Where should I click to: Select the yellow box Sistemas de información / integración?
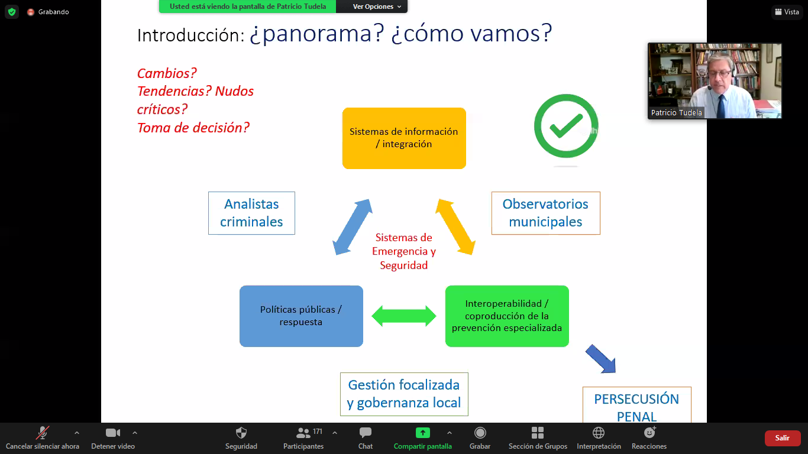click(x=404, y=138)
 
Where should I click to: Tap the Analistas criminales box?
click(x=251, y=213)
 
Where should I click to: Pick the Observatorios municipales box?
click(x=546, y=213)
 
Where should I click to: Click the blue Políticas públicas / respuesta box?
click(x=301, y=316)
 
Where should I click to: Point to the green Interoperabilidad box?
click(x=507, y=316)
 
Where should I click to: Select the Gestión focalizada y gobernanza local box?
click(x=404, y=394)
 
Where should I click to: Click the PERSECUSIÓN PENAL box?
click(x=636, y=405)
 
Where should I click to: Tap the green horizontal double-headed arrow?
click(x=404, y=316)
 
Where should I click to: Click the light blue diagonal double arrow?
click(x=353, y=227)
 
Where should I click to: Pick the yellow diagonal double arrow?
click(x=455, y=227)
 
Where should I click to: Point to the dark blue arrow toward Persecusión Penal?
click(x=600, y=359)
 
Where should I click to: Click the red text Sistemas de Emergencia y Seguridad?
click(x=404, y=251)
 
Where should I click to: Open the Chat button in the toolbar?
click(x=366, y=438)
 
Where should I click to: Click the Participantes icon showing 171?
click(x=303, y=438)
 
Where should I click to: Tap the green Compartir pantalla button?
click(x=423, y=438)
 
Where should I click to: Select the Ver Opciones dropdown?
click(x=377, y=7)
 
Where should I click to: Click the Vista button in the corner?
click(x=787, y=12)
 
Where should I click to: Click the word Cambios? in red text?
click(x=167, y=73)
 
